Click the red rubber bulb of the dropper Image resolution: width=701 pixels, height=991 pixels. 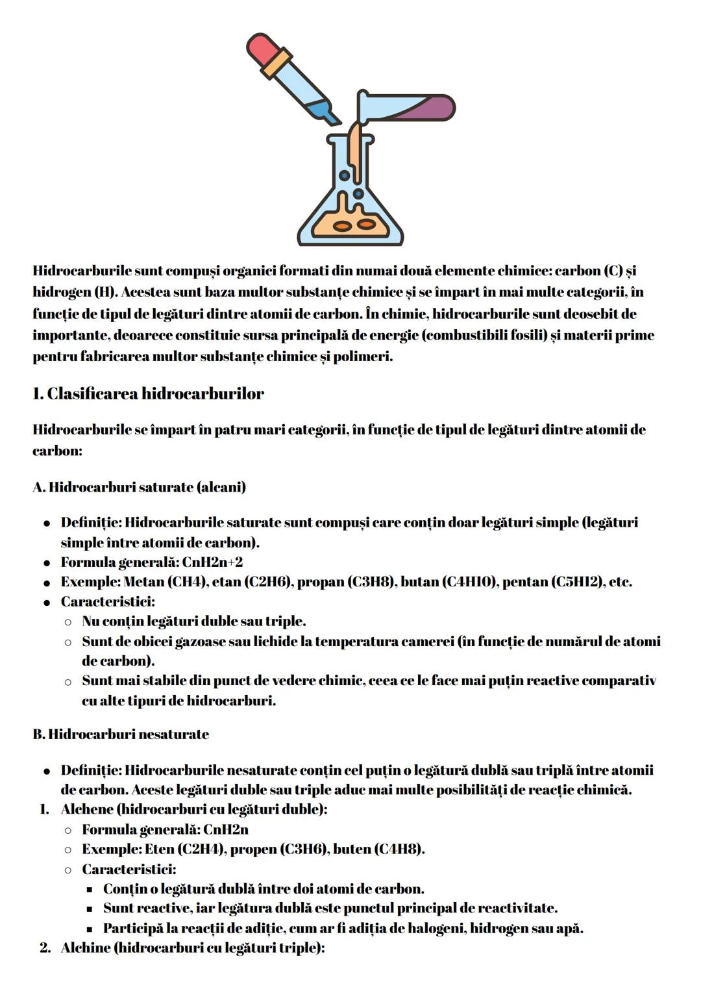tap(262, 49)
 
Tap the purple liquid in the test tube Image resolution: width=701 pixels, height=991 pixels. tap(428, 108)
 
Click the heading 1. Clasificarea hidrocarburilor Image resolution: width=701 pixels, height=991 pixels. tap(148, 394)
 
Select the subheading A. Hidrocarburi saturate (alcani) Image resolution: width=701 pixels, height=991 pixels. tap(139, 487)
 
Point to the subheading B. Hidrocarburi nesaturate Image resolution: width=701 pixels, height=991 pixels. tap(121, 734)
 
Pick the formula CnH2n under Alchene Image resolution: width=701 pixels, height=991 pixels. tap(226, 829)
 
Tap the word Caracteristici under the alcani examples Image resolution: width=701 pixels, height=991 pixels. tap(106, 602)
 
